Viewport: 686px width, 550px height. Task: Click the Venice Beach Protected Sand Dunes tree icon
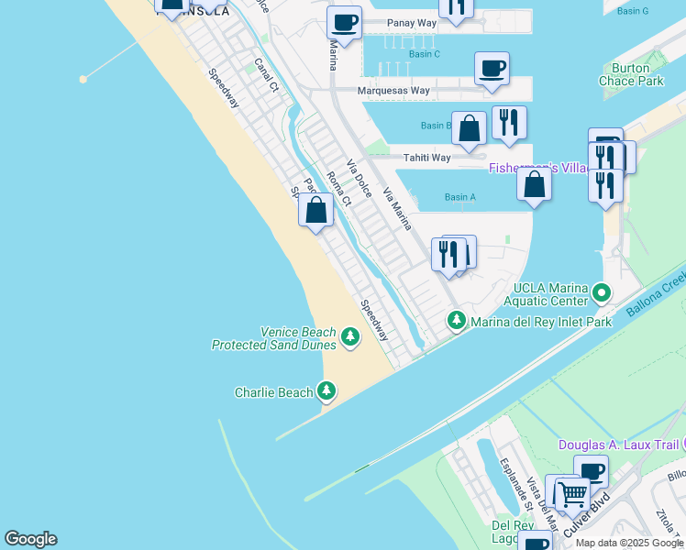coord(349,337)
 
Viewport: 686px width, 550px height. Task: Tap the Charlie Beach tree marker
coord(326,391)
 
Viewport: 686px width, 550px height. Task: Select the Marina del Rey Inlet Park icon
coord(456,321)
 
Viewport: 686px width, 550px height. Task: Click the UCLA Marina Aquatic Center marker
coord(602,293)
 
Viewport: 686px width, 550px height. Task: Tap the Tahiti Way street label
coord(428,158)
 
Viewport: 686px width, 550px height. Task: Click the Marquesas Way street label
coord(394,91)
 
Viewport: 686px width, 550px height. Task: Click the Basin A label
coord(459,197)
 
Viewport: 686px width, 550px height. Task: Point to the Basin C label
coord(424,54)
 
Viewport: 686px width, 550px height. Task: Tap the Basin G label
coord(632,11)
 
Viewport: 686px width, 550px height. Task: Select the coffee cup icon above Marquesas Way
coord(492,69)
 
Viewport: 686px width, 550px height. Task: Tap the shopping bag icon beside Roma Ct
coord(315,211)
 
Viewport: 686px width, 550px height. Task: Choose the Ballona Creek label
coord(657,295)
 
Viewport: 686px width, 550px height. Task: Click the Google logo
coord(30,539)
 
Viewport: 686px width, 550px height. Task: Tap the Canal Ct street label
coord(266,76)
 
